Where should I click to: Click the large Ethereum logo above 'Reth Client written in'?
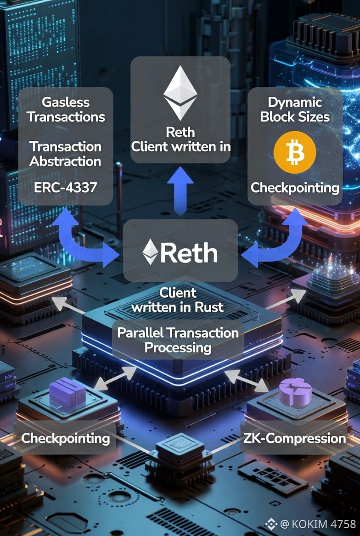(180, 93)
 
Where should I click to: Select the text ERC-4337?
(65, 187)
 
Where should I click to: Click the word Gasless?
(65, 102)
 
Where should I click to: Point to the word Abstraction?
(65, 162)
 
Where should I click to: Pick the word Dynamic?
(295, 102)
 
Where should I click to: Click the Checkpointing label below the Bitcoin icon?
(295, 188)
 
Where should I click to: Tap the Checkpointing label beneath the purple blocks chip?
(66, 438)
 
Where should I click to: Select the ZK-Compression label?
(294, 438)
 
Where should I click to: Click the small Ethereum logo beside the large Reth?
(150, 251)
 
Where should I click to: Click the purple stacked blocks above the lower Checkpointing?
(67, 394)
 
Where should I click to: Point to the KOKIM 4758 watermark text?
(324, 524)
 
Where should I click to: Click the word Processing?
(178, 347)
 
